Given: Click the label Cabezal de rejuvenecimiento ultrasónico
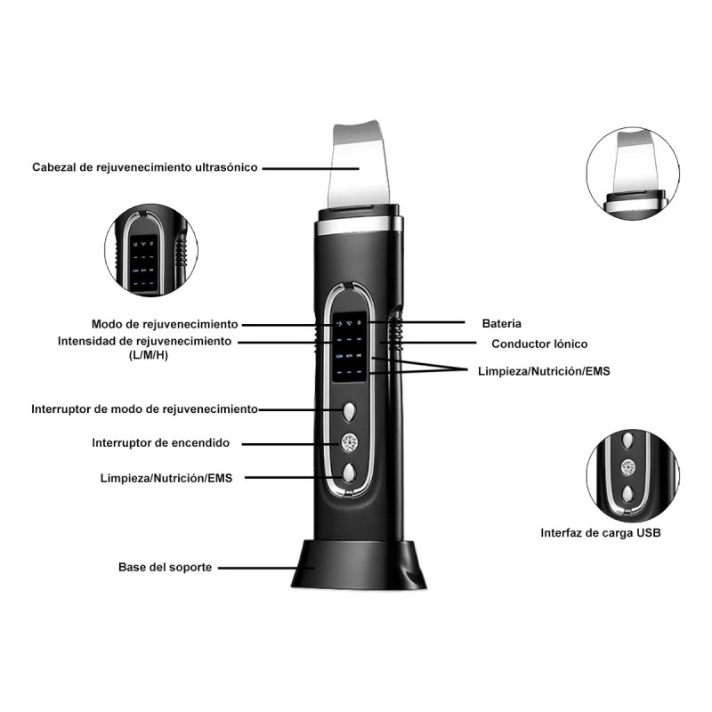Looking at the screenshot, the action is tap(145, 166).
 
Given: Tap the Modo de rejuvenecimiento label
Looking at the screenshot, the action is tap(165, 324).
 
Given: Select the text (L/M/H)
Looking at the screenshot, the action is tap(148, 356).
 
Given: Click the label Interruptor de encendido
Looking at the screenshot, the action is tap(161, 442).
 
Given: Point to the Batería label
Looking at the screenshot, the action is tap(502, 323).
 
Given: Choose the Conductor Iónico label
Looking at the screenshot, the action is tap(539, 344).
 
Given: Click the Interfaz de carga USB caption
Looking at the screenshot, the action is tap(601, 534).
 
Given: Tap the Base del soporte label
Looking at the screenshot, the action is tap(166, 567).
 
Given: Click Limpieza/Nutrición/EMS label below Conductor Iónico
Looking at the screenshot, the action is tap(542, 369).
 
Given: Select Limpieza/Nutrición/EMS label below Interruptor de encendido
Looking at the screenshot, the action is tap(166, 478).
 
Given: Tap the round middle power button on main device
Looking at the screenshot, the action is tap(350, 441).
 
